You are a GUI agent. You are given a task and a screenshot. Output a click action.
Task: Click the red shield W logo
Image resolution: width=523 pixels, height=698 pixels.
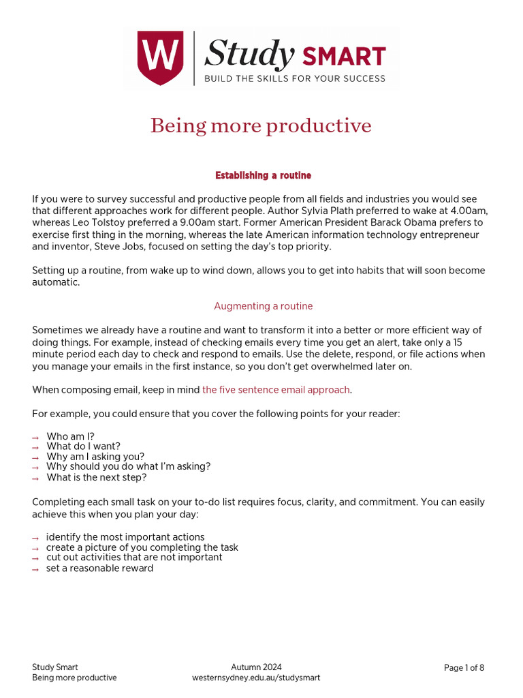tap(160, 58)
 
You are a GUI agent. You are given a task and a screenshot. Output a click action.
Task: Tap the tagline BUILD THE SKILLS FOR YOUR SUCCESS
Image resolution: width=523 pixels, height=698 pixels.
tap(295, 78)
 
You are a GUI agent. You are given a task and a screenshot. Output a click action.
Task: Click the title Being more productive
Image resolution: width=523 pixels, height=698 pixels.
tap(261, 126)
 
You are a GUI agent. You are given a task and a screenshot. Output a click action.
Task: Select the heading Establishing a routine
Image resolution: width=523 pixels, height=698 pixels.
tap(263, 176)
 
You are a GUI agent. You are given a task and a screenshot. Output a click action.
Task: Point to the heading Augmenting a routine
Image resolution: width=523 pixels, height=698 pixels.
tap(263, 306)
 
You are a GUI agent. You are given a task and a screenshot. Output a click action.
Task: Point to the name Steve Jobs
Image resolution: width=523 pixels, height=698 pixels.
tap(121, 245)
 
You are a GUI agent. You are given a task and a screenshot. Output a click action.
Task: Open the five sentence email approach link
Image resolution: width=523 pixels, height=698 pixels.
tap(276, 390)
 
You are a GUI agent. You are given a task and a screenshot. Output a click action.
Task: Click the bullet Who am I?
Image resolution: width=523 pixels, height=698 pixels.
tap(70, 436)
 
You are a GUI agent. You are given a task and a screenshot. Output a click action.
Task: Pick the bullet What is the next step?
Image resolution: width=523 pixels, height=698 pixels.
tap(96, 477)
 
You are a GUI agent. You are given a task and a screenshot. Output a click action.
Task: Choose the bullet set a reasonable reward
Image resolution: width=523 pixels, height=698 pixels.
tap(99, 568)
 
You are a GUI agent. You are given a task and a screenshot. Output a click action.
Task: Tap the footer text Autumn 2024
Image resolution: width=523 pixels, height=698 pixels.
tap(256, 667)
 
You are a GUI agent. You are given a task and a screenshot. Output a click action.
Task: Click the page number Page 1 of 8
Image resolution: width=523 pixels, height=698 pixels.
tap(464, 668)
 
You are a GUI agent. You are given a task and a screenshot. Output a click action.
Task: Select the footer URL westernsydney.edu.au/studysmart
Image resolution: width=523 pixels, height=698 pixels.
tap(256, 678)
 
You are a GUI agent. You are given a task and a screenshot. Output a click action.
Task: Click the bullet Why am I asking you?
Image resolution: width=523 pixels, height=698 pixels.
tap(95, 457)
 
